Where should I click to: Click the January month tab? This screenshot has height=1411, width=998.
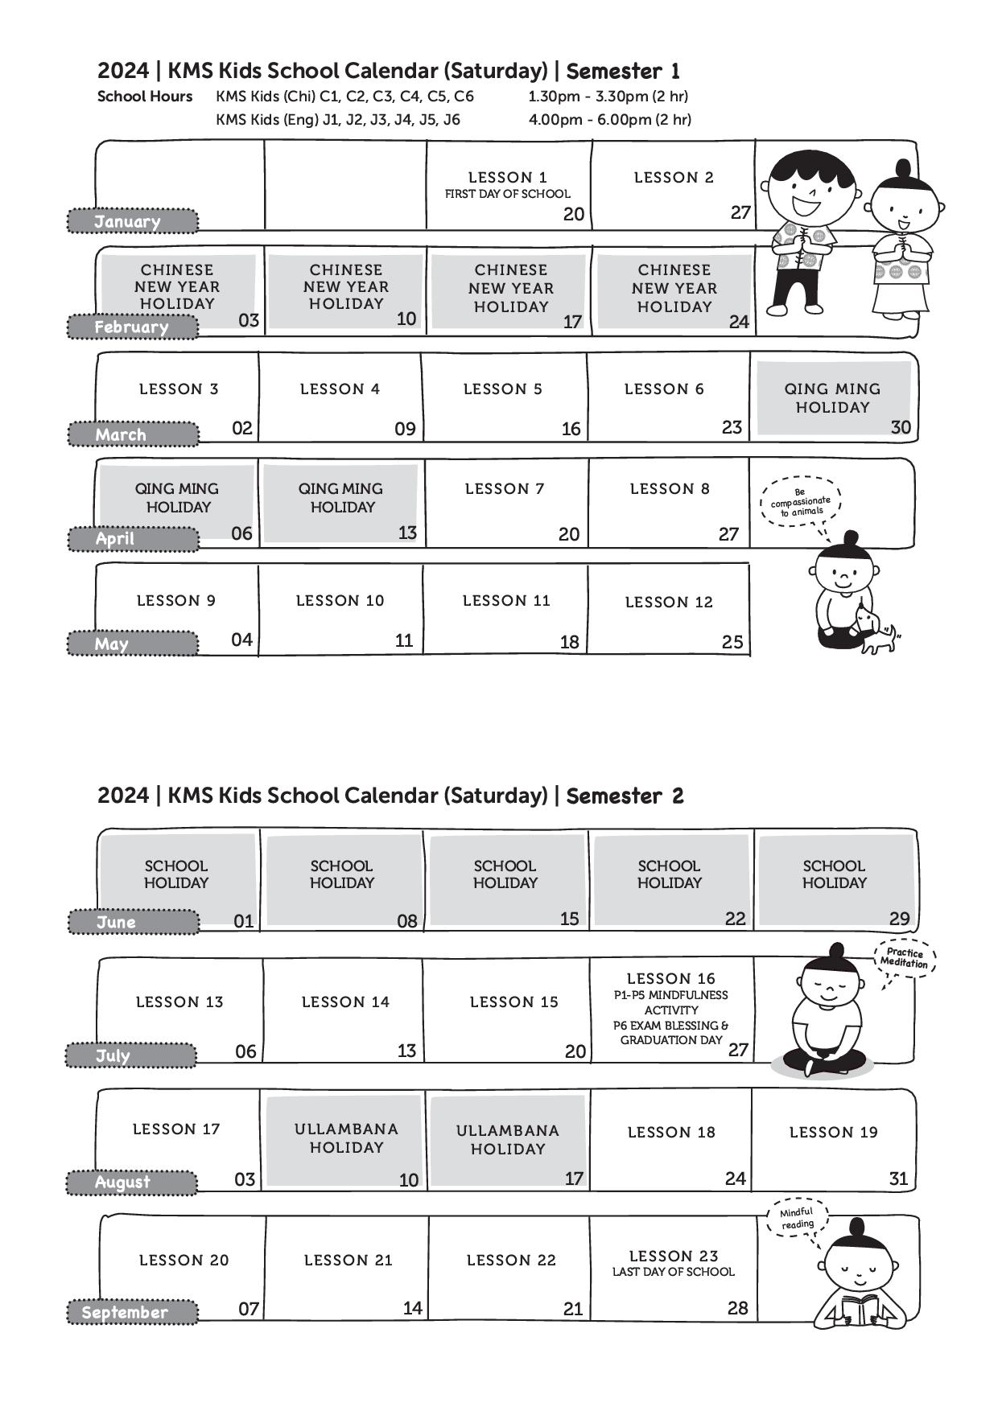[x=132, y=221]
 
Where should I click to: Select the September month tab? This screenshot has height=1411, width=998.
[x=132, y=1312]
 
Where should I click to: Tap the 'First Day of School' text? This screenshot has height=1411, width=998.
[x=508, y=194]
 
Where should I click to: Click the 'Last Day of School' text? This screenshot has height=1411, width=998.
[x=674, y=1272]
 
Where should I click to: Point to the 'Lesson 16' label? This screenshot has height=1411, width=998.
[x=671, y=978]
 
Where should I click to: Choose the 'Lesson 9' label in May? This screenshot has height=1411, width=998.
[x=176, y=600]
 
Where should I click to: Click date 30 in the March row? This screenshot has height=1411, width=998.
[x=901, y=427]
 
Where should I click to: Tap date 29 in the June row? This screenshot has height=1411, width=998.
[x=900, y=918]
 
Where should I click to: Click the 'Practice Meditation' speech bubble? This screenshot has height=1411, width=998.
[x=905, y=957]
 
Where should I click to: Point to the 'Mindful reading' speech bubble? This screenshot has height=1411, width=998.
[x=797, y=1218]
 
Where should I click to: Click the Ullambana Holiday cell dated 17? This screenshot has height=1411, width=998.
[x=507, y=1141]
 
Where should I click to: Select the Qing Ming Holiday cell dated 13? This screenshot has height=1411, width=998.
[x=341, y=503]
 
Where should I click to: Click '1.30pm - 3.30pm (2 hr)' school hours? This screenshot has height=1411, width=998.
[x=608, y=97]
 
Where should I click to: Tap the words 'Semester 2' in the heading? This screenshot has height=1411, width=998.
[x=625, y=796]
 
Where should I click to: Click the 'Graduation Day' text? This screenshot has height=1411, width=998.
[x=671, y=1040]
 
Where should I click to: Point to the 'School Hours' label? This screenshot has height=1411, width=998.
[x=145, y=97]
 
